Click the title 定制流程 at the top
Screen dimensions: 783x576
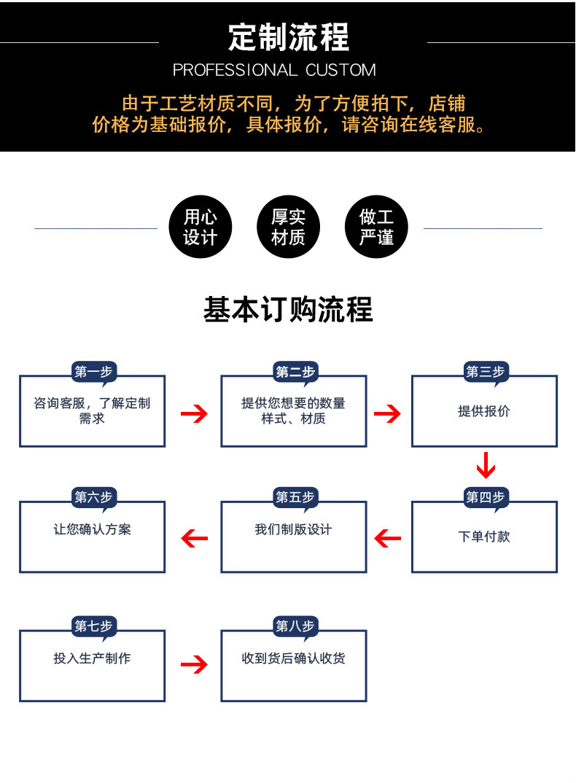click(x=288, y=37)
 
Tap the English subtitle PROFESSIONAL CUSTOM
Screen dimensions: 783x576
click(x=274, y=71)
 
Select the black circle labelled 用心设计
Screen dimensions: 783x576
click(x=200, y=227)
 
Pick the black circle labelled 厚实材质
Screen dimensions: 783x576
click(x=288, y=227)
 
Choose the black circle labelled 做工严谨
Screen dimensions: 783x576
click(x=376, y=227)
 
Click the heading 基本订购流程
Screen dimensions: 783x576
click(x=288, y=310)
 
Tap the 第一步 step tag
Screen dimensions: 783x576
click(x=93, y=373)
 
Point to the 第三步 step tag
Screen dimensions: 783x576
click(x=486, y=373)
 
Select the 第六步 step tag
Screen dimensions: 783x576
click(x=93, y=498)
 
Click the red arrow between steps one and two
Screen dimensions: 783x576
click(x=194, y=414)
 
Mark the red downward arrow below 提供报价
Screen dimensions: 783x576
click(x=486, y=464)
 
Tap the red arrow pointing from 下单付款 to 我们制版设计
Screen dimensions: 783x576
click(x=388, y=539)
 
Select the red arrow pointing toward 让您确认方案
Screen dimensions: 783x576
click(x=194, y=539)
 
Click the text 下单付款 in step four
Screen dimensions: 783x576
click(x=484, y=537)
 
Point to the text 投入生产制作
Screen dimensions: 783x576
click(x=92, y=658)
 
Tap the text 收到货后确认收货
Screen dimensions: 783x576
click(x=294, y=658)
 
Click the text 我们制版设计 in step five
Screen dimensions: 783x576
click(x=293, y=530)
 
